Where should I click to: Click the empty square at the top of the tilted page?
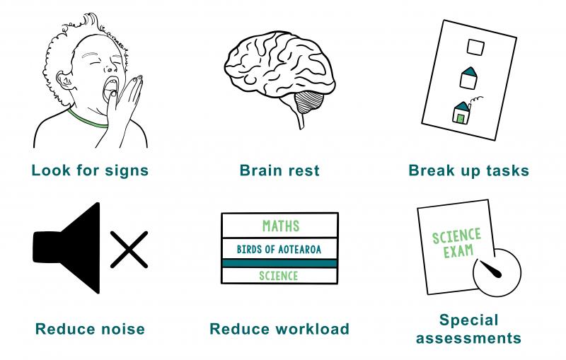coord(475,47)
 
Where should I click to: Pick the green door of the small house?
coord(461,118)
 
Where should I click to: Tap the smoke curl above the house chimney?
coord(475,100)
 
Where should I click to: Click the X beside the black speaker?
coord(129,250)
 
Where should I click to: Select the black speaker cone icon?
coord(67,248)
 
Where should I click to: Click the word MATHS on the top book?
coord(281,226)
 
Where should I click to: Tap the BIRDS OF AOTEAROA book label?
coord(279,249)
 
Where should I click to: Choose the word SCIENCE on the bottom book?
coord(279,276)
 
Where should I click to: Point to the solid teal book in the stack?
coord(279,263)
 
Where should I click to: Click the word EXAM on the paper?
coord(458,251)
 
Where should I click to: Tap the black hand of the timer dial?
coord(490,269)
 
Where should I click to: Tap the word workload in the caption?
coord(313,329)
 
